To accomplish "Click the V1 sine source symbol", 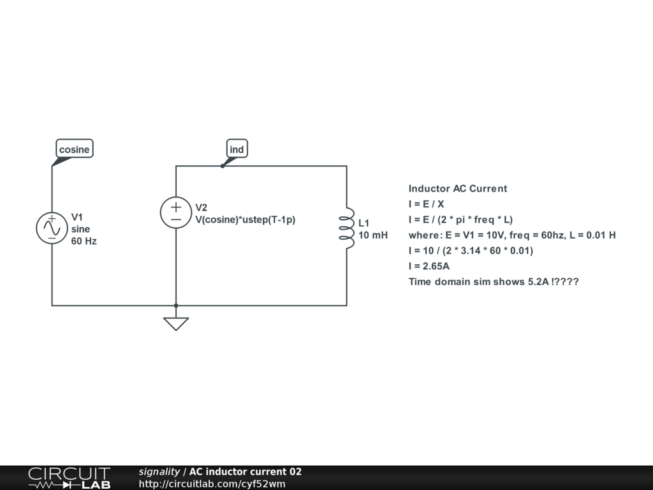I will click(x=52, y=228).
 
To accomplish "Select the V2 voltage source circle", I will click(x=176, y=212).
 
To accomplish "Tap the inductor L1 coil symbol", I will click(x=346, y=228).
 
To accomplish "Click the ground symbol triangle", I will click(x=176, y=323).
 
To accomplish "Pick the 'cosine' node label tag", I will click(x=75, y=149).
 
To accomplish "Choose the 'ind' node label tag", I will click(x=237, y=149).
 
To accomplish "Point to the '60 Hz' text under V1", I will click(x=84, y=241).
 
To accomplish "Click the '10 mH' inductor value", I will click(x=373, y=235).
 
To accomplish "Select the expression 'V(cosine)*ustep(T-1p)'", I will click(x=246, y=219).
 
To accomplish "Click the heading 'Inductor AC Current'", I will click(x=458, y=188).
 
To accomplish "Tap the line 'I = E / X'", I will click(x=427, y=204).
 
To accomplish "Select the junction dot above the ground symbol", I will click(x=176, y=306).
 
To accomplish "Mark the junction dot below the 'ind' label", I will click(x=222, y=166).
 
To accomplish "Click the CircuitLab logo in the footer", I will click(x=69, y=477).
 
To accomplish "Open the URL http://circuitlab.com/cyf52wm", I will click(x=212, y=484).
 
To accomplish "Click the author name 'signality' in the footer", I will click(x=159, y=471).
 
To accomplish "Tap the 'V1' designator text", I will click(x=77, y=216).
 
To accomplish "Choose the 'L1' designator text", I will click(x=364, y=223).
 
